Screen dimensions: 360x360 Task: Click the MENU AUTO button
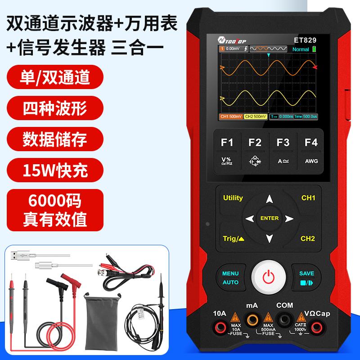click(230, 278)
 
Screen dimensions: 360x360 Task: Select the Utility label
click(233, 198)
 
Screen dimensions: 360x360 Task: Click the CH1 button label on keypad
click(308, 198)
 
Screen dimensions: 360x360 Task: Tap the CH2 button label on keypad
click(308, 238)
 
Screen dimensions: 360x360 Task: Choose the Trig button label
click(234, 238)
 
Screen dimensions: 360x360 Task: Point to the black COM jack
click(284, 320)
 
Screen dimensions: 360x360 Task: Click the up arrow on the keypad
click(269, 199)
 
